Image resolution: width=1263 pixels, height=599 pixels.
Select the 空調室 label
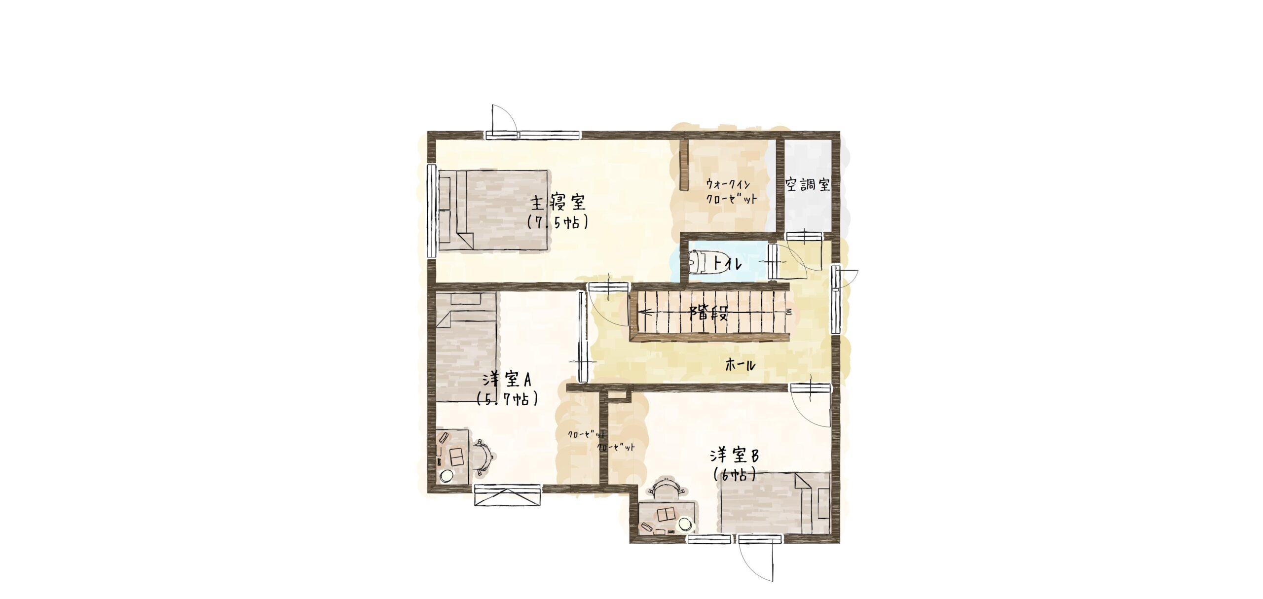(x=808, y=185)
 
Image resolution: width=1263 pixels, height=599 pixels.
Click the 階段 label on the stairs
(x=709, y=313)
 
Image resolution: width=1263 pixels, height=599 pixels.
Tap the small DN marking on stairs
(x=788, y=312)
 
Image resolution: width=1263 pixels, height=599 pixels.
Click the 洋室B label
(x=734, y=455)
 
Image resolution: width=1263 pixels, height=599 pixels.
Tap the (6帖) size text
(x=735, y=474)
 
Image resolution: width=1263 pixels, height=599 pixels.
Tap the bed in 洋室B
(x=775, y=503)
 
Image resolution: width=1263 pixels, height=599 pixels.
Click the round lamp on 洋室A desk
(x=101, y=476)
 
